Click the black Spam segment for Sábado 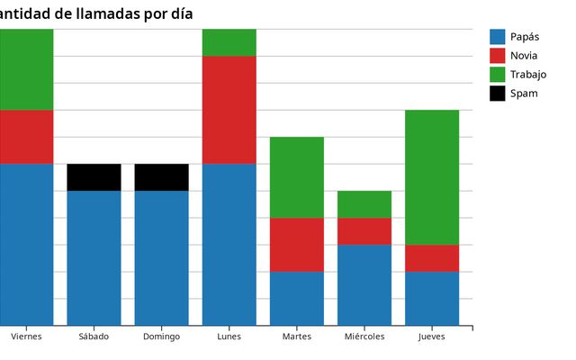tap(94, 177)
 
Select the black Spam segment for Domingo tap(161, 177)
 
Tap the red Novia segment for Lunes tap(229, 110)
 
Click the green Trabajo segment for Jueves tap(432, 177)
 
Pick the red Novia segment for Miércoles tap(364, 231)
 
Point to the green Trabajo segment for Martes tap(297, 177)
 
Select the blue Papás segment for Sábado tap(94, 257)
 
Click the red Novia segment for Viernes tap(26, 137)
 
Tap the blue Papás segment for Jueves tap(432, 298)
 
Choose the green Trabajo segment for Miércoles tap(364, 204)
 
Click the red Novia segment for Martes tap(297, 245)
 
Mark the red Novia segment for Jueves tap(432, 258)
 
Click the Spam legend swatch tap(498, 94)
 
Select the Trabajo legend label tap(527, 75)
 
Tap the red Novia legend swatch tap(498, 56)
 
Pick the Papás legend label tap(524, 37)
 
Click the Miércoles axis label tap(364, 337)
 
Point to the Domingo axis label tap(161, 337)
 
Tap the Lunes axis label tap(229, 337)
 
